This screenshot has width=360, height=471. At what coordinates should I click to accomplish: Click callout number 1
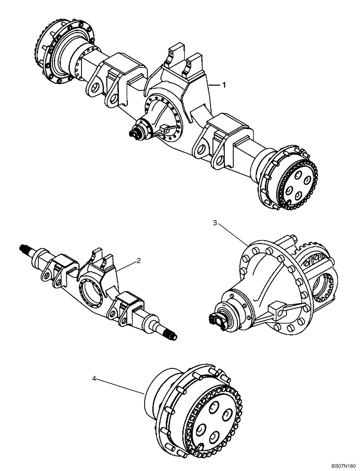tap(224, 85)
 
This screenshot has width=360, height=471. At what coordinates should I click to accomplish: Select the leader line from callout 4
tap(120, 385)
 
